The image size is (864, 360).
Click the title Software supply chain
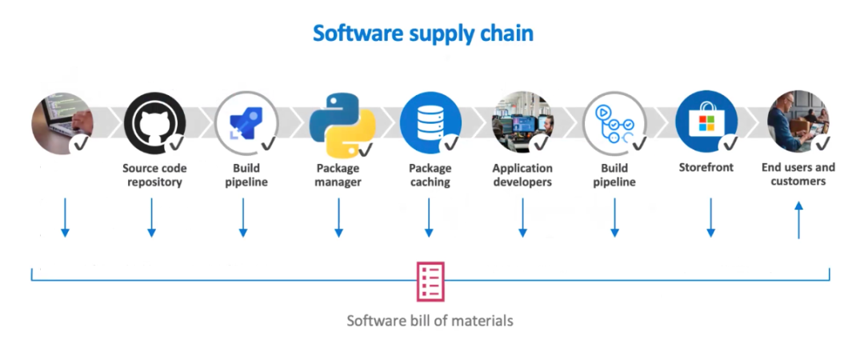point(422,34)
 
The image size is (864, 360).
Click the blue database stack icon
point(429,120)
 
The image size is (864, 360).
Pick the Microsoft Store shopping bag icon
point(706,121)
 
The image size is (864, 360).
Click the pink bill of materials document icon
point(430,282)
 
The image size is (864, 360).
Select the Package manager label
point(338,175)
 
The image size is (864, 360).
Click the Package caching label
point(430,175)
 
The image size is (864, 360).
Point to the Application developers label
point(522,175)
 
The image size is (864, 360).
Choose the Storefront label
point(706,168)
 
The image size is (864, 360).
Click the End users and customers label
point(798,174)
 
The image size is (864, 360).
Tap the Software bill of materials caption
point(430,321)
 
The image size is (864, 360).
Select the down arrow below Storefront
point(710,218)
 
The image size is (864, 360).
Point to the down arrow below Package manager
point(338,218)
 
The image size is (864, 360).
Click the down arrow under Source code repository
point(151,218)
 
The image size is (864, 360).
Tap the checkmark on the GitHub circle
point(175,143)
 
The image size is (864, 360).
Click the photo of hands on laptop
point(61,122)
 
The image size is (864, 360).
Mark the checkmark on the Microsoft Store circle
point(728,143)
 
